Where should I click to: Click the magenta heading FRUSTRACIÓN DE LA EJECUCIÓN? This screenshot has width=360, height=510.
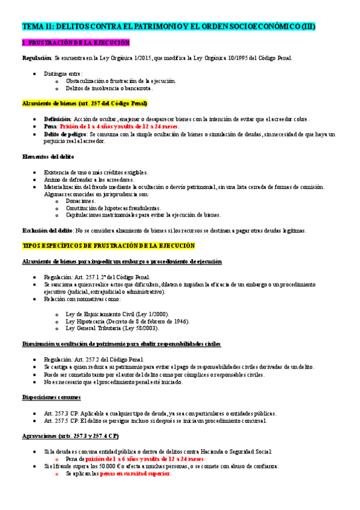(x=76, y=43)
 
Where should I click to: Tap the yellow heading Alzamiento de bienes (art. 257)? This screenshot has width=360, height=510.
(x=84, y=103)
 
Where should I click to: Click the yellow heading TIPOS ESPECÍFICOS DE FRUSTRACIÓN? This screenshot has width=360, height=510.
(x=109, y=246)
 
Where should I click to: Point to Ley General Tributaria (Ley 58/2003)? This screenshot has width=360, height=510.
(x=113, y=328)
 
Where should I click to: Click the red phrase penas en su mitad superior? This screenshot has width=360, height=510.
(x=135, y=473)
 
